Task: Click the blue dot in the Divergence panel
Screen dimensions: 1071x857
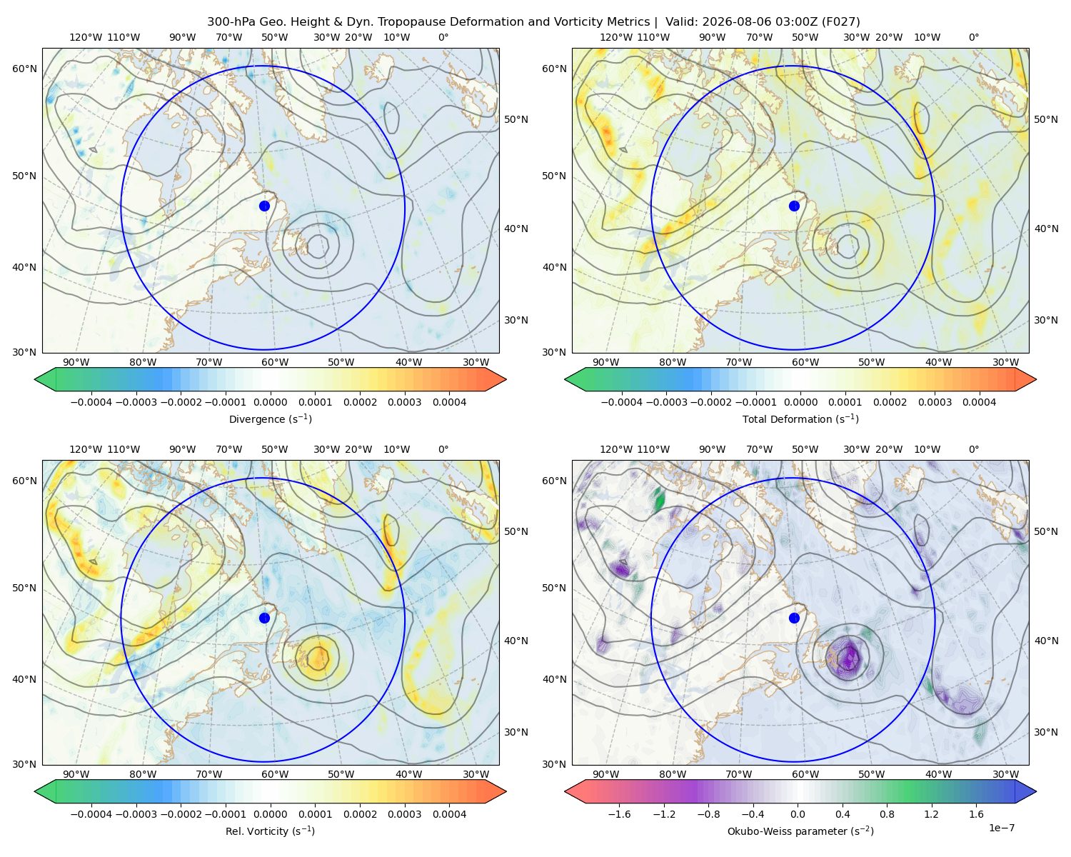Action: click(264, 206)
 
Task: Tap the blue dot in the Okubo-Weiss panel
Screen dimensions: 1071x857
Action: click(794, 618)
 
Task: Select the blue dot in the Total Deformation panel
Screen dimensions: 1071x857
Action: click(794, 206)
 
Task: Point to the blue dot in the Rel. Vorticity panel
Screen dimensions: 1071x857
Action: click(264, 618)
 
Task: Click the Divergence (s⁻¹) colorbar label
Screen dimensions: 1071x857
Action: click(270, 419)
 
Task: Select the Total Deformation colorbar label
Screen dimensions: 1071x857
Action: click(800, 419)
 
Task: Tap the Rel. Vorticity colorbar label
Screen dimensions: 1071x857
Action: click(270, 831)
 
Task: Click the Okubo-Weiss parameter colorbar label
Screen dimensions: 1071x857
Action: click(800, 831)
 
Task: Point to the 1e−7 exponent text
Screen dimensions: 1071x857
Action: click(1001, 828)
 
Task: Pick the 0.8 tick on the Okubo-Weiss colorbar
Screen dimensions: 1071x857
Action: click(887, 814)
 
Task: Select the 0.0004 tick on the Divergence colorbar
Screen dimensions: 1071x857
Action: click(449, 402)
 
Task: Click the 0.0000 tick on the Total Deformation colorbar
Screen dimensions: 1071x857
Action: click(800, 402)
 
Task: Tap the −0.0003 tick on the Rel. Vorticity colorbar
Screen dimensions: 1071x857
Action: click(136, 814)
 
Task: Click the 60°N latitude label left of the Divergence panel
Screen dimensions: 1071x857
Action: click(24, 69)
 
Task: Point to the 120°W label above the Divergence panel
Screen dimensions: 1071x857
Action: click(86, 37)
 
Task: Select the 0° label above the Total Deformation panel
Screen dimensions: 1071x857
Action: click(973, 37)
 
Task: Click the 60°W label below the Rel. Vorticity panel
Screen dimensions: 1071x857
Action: click(275, 774)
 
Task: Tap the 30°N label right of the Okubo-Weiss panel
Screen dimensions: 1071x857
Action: click(1046, 732)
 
